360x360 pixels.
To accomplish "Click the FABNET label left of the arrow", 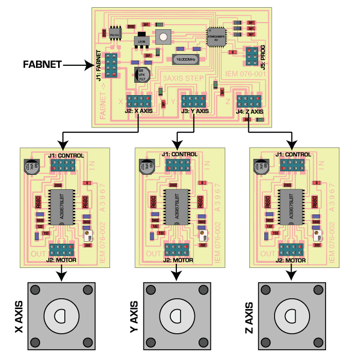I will [x=43, y=65].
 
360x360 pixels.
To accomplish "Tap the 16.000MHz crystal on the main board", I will [x=186, y=60].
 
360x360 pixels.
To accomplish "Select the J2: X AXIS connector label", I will [x=138, y=111].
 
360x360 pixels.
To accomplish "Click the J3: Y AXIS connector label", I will [x=195, y=111].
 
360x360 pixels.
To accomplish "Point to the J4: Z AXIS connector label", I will [x=249, y=111].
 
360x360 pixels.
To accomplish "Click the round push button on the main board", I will [x=164, y=37].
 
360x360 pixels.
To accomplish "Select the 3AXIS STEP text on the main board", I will [x=184, y=78].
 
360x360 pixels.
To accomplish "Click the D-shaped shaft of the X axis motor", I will [x=61, y=314].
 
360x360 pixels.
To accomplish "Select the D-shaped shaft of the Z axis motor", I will [x=291, y=314].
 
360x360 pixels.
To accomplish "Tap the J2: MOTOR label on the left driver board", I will [x=61, y=259].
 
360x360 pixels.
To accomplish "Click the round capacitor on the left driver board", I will [x=30, y=166].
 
